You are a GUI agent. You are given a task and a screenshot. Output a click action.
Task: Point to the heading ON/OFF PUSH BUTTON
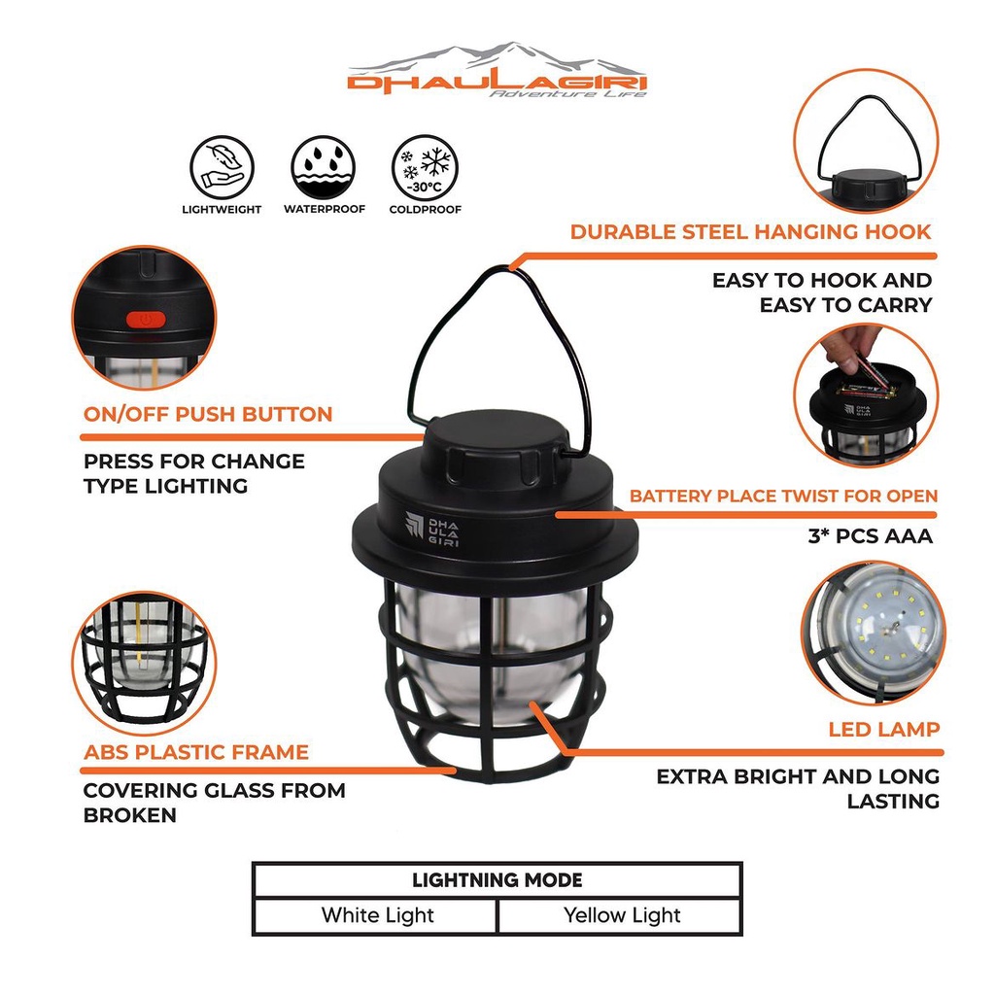(x=208, y=414)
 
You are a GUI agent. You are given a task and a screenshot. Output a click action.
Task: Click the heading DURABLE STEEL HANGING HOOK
(x=750, y=231)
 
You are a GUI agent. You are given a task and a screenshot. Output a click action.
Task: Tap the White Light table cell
(x=377, y=915)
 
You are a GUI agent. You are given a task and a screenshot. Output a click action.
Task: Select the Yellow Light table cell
(x=622, y=915)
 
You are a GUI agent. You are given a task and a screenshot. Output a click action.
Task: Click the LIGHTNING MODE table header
(x=497, y=881)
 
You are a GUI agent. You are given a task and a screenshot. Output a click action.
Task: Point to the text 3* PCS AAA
(x=870, y=535)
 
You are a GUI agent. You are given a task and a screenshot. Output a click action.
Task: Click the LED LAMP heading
(x=883, y=729)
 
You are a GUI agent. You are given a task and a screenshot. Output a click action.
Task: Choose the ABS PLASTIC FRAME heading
(x=196, y=752)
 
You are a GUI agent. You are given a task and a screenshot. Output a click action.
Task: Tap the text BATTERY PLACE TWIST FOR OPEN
(x=783, y=496)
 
